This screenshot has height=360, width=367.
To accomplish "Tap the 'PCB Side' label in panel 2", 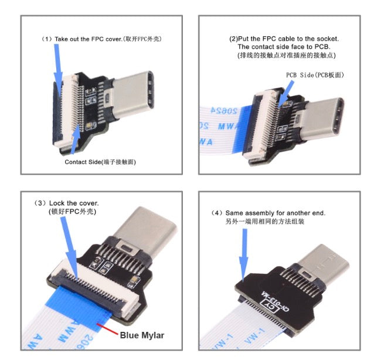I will tap(314, 75).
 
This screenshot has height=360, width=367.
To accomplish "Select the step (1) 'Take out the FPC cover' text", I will tap(102, 39).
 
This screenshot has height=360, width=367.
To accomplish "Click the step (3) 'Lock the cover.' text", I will tap(70, 202).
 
